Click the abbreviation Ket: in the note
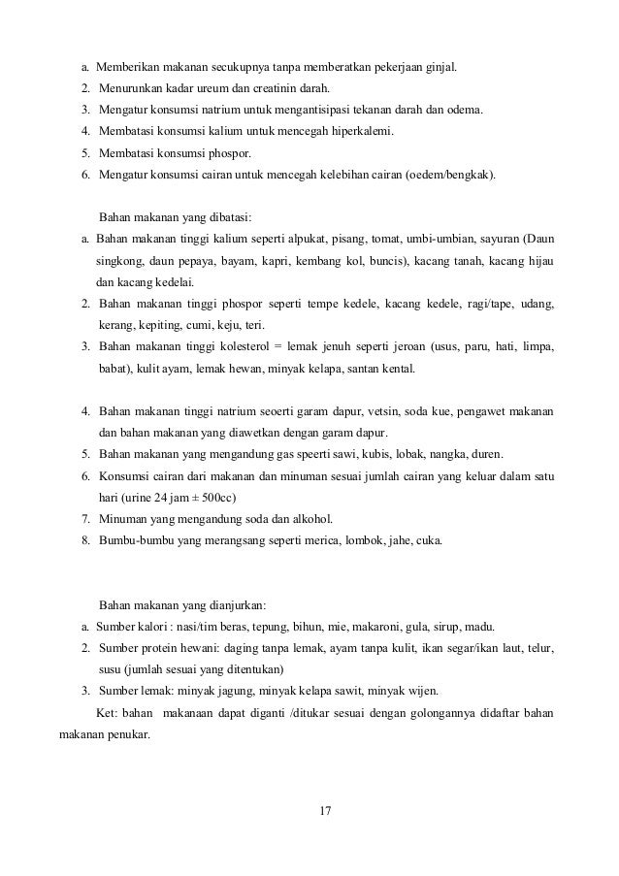109,713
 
